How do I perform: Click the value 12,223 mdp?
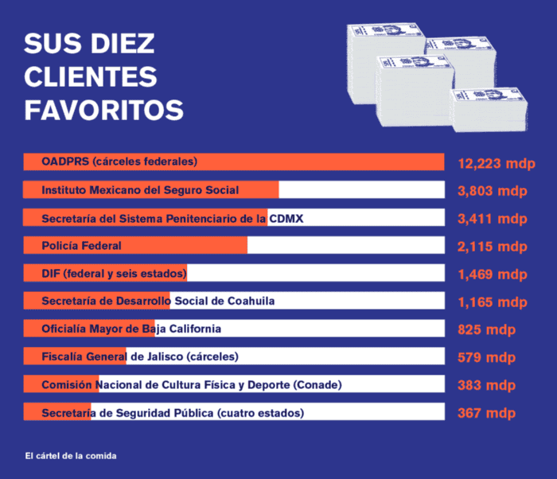(496, 164)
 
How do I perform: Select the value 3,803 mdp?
(492, 191)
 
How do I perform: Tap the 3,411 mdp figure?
(492, 219)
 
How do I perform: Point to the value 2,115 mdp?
(492, 247)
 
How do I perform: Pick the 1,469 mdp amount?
(492, 275)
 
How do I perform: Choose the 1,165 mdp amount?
(492, 302)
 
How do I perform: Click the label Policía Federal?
(81, 246)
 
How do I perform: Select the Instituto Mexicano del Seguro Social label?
(140, 190)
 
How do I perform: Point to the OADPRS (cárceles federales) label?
(119, 162)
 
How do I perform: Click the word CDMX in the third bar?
(286, 218)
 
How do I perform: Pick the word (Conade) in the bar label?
(317, 385)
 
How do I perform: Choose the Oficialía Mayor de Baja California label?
(131, 329)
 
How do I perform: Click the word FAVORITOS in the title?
(103, 109)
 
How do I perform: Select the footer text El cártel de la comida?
(71, 456)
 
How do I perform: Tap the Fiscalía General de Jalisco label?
(140, 356)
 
